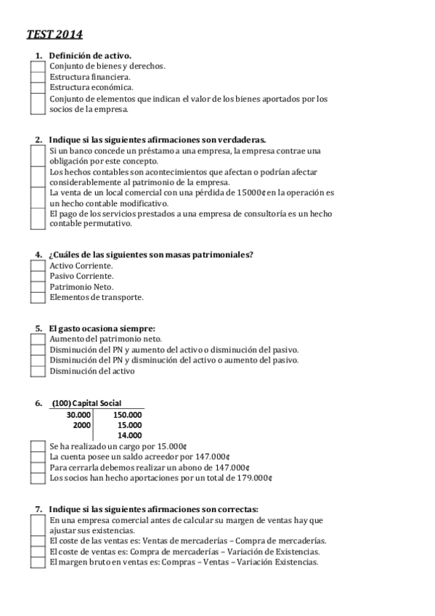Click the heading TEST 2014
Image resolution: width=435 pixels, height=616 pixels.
(x=54, y=33)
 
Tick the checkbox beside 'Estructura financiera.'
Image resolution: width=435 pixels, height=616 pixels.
(x=37, y=76)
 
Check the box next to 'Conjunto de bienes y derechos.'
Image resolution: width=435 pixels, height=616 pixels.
(x=37, y=65)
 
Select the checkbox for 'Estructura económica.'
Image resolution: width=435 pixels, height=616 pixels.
(x=37, y=87)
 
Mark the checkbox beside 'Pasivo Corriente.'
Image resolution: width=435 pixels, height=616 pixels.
(x=37, y=276)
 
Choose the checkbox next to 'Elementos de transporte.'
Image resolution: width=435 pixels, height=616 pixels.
(x=37, y=297)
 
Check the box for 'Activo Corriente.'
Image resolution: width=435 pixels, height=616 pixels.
(x=37, y=265)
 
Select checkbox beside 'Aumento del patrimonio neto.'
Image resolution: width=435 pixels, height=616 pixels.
(x=37, y=339)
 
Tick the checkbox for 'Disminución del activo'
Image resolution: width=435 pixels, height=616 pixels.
(x=37, y=371)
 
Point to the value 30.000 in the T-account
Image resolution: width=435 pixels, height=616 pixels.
(x=79, y=414)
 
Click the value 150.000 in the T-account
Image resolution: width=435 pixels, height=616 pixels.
(x=128, y=414)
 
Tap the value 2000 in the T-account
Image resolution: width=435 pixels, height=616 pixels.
(x=83, y=424)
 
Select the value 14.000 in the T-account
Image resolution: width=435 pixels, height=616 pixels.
(x=129, y=435)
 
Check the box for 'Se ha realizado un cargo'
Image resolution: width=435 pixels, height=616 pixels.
(x=37, y=446)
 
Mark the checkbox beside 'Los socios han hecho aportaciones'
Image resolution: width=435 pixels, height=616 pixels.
(x=37, y=478)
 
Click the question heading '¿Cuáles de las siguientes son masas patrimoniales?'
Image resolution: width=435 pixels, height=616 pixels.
(x=150, y=254)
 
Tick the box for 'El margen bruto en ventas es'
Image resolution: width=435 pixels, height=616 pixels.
(x=37, y=562)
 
